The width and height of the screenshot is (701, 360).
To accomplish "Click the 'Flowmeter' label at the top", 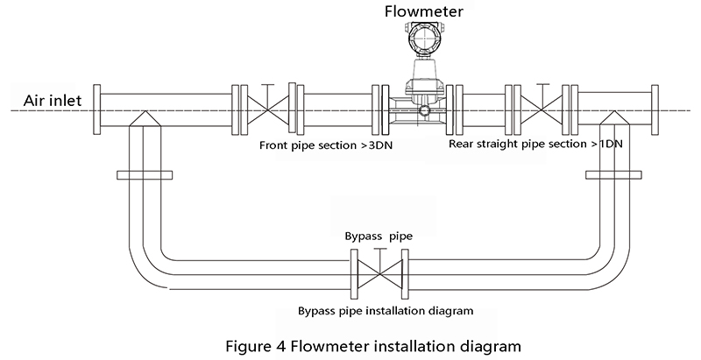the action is point(424,11).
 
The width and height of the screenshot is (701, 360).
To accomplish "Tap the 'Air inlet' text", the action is point(53,101).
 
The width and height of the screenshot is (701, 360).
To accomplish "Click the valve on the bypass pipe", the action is point(379,273).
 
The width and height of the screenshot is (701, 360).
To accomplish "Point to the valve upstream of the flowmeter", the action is point(268,109).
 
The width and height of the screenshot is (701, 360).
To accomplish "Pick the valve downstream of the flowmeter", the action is point(542,109).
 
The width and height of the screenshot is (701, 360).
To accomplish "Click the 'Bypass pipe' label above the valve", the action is point(379,236).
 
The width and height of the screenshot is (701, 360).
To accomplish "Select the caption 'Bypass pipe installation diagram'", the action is point(386,310).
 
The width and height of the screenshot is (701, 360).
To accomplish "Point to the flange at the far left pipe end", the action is point(96,109).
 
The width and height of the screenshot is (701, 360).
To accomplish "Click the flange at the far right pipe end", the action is point(655,109).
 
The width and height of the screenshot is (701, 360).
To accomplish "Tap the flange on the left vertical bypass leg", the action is point(145,175).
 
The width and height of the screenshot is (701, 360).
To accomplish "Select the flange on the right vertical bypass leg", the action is point(614,175).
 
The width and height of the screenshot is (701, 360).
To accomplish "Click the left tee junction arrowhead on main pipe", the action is point(145,118).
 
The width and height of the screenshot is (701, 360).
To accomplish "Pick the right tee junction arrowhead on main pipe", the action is point(614,118).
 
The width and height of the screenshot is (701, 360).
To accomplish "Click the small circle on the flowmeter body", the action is point(425,110).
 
